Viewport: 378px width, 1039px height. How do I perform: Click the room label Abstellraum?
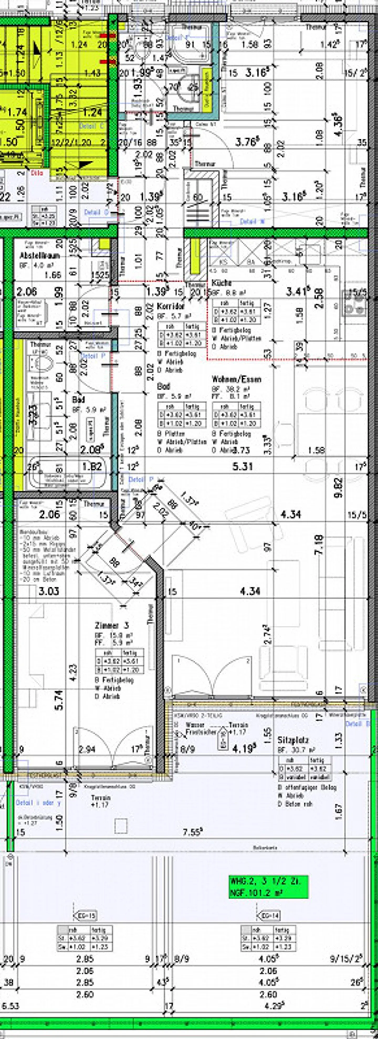40,255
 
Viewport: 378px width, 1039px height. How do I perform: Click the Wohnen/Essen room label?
237,379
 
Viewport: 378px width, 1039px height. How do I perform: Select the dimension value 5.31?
243,467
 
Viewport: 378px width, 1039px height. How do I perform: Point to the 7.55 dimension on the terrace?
192,832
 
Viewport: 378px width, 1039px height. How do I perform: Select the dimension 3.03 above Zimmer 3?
49,591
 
